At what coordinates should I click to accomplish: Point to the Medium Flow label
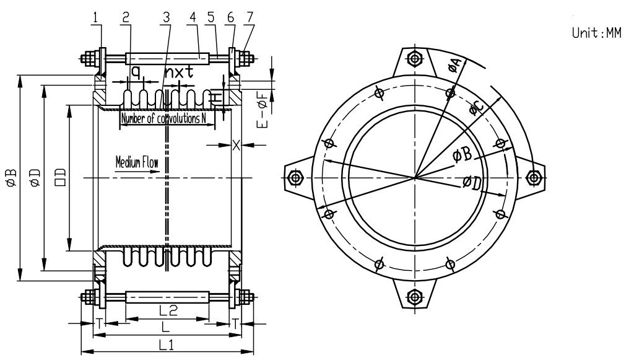pyautogui.click(x=137, y=164)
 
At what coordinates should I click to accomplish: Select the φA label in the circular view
pyautogui.click(x=453, y=64)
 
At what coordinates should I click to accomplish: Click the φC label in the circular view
pyautogui.click(x=475, y=109)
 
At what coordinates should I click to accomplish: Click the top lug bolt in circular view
pyautogui.click(x=414, y=59)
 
